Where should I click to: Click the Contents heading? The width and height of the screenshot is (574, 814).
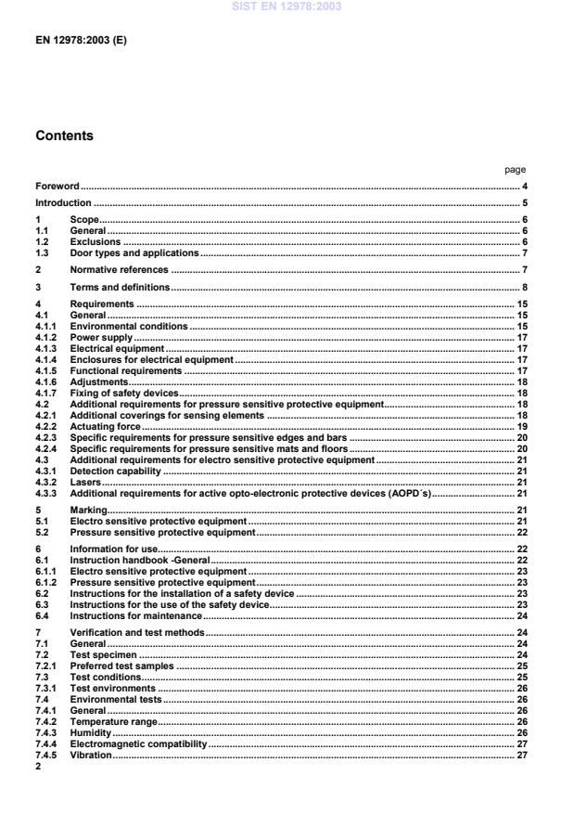tap(64, 135)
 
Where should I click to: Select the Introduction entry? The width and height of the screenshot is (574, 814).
tap(63, 202)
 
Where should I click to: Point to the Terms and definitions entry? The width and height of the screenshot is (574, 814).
tap(120, 288)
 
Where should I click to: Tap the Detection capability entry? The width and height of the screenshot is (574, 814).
tap(116, 472)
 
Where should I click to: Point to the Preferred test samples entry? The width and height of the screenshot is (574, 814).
tap(122, 665)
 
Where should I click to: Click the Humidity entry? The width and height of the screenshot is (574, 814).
tap(92, 732)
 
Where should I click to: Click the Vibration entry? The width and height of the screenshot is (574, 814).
tap(91, 756)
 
